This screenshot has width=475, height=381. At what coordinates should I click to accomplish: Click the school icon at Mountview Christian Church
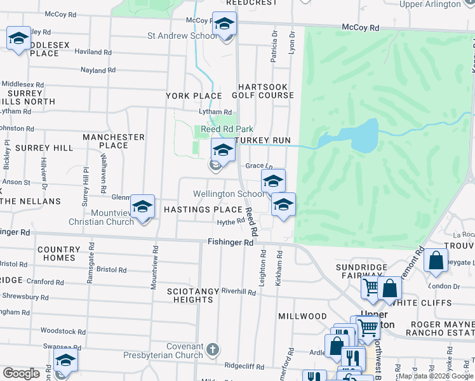(x=143, y=206)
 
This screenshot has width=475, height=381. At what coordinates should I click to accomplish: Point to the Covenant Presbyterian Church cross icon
(x=213, y=349)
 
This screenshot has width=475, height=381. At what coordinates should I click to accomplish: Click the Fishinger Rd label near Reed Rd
(x=231, y=242)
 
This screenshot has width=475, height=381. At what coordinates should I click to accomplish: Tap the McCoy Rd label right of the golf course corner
(x=360, y=28)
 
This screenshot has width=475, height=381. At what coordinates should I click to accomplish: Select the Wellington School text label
(x=228, y=194)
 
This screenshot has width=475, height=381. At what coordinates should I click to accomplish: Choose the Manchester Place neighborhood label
(x=114, y=141)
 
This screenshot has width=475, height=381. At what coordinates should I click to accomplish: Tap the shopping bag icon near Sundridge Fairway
(x=389, y=289)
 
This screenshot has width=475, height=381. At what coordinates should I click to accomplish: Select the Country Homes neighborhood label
(x=58, y=254)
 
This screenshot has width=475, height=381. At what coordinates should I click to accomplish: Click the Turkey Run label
(x=263, y=140)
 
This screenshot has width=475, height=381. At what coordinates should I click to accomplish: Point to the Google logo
(x=22, y=373)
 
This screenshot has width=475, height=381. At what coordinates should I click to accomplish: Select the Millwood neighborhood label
(x=302, y=316)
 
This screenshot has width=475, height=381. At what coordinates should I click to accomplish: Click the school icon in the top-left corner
(x=19, y=39)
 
